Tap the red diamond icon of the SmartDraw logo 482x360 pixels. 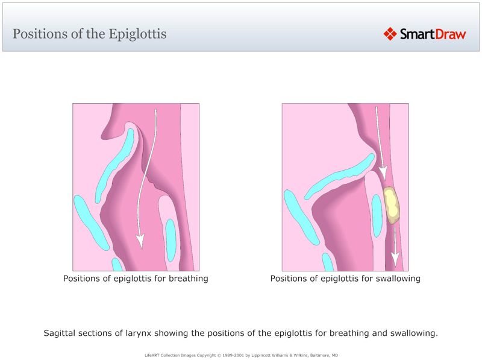[x=390, y=34]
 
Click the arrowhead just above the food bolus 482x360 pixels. [x=382, y=174]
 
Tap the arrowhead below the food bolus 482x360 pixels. [x=395, y=259]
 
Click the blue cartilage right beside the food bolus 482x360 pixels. [x=377, y=215]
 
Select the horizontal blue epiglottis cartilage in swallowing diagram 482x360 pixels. [x=337, y=175]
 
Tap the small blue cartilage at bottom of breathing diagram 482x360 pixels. [x=117, y=264]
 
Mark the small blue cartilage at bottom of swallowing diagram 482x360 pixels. [x=328, y=262]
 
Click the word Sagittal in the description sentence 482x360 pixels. [x=61, y=333]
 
